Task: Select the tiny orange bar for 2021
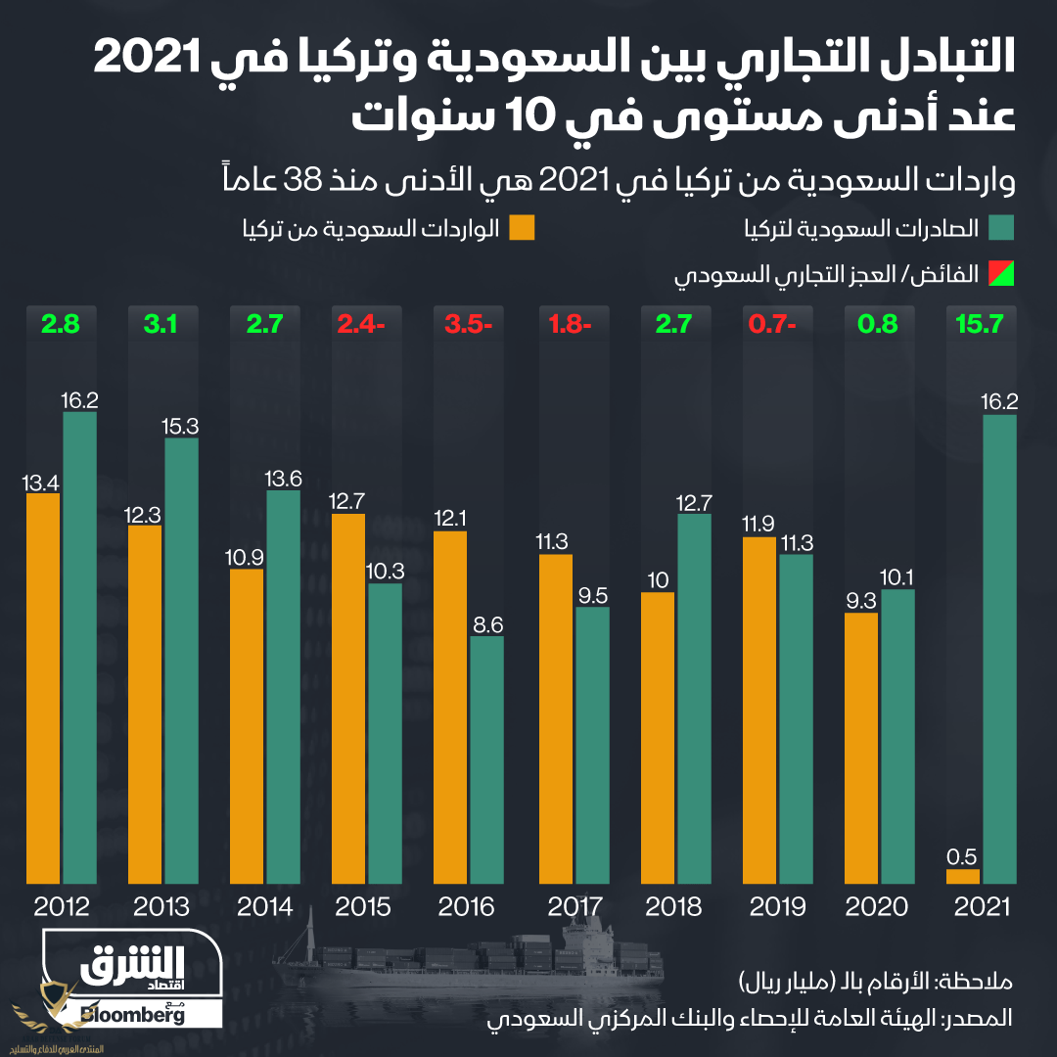[963, 877]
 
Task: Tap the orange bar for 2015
[348, 699]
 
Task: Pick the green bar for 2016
[486, 759]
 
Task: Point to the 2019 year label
[777, 906]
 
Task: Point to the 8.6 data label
[486, 622]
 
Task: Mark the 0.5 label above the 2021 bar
[963, 855]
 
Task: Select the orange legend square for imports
[522, 229]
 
